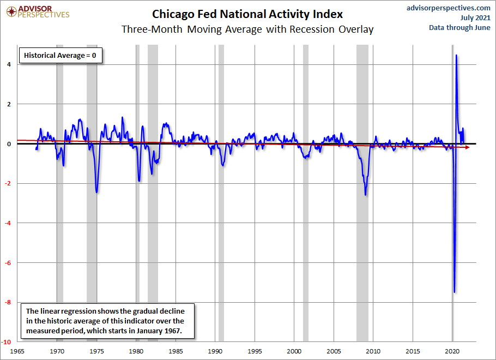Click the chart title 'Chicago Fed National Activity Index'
[247, 14]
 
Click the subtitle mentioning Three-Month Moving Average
[247, 29]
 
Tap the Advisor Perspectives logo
[38, 11]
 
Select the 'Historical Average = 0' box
[61, 56]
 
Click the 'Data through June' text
[459, 28]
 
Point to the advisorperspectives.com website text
[449, 8]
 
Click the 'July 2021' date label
[475, 18]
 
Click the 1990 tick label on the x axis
[215, 351]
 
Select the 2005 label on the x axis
[334, 351]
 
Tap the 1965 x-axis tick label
[17, 351]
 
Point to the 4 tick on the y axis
[9, 64]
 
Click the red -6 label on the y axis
[8, 263]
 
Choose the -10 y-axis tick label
[6, 342]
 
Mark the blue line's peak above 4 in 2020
[456, 56]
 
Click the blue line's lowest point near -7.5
[454, 292]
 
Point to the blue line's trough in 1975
[96, 192]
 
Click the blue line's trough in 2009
[366, 195]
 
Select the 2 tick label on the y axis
[9, 104]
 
